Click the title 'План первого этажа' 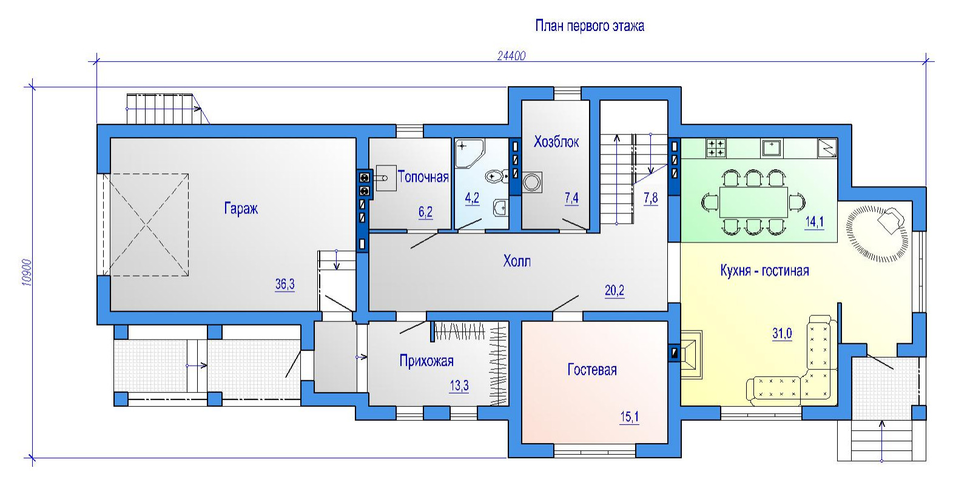pos(589,26)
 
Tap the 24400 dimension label pos(511,56)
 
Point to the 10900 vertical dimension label pos(27,272)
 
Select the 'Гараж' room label pos(241,209)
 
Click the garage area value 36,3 pos(285,284)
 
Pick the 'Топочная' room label pos(423,176)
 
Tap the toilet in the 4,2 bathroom pos(496,176)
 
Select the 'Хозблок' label pos(556,141)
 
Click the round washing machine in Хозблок pos(532,182)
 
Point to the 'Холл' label pos(517,261)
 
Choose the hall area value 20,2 pos(615,291)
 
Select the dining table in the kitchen pos(753,202)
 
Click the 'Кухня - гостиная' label pos(764,271)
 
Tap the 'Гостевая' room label pos(592,370)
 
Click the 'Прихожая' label pos(426,361)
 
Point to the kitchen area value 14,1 pos(814,222)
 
